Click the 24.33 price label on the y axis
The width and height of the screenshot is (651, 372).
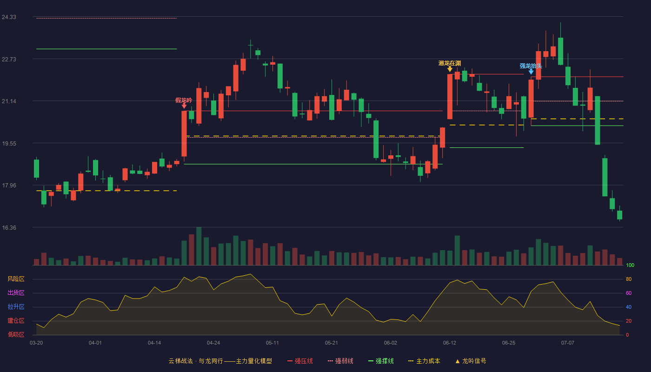9,17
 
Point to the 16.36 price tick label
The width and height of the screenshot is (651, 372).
9,227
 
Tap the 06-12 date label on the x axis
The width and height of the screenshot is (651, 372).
450,343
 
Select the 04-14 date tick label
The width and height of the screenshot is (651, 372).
154,343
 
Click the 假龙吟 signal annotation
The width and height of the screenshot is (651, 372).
184,100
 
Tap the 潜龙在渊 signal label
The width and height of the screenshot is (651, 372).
450,63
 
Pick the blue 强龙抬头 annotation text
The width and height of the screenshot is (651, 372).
531,66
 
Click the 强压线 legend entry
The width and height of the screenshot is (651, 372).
300,361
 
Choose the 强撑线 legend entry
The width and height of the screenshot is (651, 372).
381,361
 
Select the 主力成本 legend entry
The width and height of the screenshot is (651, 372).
424,361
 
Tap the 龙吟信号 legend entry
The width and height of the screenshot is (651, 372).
471,361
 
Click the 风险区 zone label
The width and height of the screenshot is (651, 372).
16,279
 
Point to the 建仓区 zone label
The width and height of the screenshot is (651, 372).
16,320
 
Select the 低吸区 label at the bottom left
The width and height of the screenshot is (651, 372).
16,334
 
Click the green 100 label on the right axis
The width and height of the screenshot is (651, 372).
630,265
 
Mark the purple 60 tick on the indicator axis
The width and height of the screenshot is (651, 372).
629,293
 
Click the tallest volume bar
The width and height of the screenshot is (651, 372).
199,246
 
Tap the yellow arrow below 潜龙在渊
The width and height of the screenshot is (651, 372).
450,69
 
